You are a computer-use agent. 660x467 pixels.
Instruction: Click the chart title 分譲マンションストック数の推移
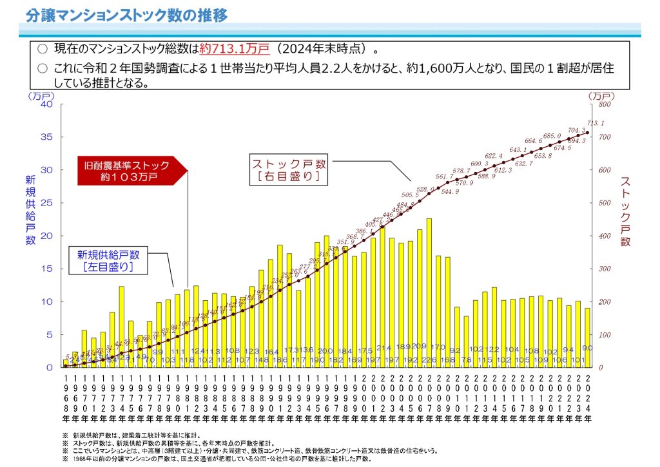pos(127,15)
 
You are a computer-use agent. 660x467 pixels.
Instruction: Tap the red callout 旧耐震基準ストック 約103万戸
pos(129,170)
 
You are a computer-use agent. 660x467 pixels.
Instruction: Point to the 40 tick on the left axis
pos(46,104)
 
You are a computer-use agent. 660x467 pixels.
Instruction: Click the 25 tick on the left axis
pos(46,203)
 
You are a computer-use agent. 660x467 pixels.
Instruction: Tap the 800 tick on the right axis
pos(604,104)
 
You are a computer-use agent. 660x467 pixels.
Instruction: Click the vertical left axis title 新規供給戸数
pos(30,209)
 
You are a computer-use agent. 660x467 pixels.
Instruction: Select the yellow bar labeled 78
pos(466,341)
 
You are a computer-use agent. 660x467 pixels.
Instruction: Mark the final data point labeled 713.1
pos(587,133)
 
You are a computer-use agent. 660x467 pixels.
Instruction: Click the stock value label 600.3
pos(480,164)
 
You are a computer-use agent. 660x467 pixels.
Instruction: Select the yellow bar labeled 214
pos(382,296)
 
